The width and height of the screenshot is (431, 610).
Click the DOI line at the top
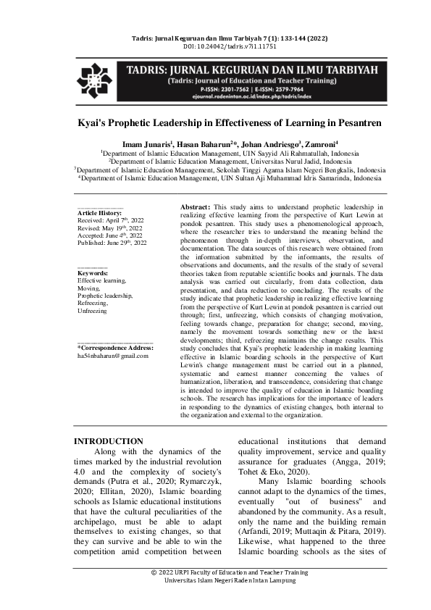coord(215,46)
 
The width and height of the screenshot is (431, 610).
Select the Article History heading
coord(100,212)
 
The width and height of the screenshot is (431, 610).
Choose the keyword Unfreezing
coord(93,311)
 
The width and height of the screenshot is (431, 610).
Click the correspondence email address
coord(112,356)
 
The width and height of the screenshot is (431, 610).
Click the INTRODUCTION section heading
coord(109,441)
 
